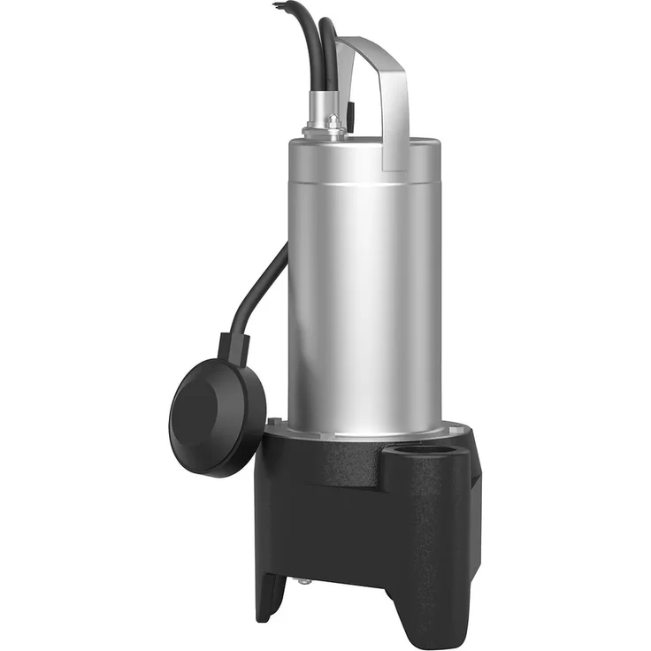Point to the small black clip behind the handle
pos(353,115)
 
